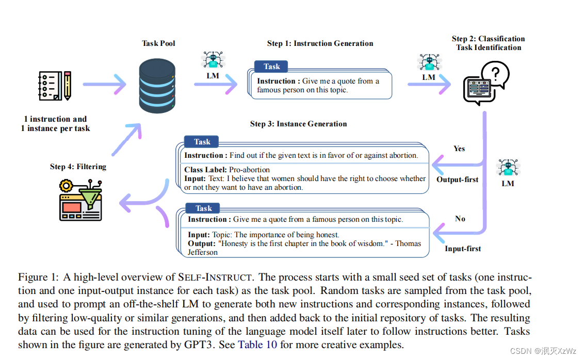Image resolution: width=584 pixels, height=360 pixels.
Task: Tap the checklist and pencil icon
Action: click(55, 86)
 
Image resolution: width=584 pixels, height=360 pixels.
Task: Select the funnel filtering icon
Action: click(80, 199)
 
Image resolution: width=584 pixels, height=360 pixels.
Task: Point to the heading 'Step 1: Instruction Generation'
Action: click(320, 43)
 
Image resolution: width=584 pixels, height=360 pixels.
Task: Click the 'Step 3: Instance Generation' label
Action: click(298, 124)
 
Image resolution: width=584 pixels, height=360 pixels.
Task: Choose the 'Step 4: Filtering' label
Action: click(78, 167)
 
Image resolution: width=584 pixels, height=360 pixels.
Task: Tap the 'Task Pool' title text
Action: click(158, 43)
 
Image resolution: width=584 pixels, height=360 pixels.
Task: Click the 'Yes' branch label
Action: click(459, 149)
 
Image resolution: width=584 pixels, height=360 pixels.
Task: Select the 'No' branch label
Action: click(460, 219)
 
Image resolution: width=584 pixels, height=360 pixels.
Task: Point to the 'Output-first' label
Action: click(458, 180)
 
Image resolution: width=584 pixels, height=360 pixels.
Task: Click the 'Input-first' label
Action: click(463, 249)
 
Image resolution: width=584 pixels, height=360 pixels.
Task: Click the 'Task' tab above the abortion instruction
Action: click(202, 142)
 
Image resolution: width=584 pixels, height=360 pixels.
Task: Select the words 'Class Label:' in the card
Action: click(206, 170)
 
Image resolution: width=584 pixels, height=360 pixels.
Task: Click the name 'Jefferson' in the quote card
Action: click(203, 252)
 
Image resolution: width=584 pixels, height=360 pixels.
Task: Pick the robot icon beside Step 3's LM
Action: click(508, 168)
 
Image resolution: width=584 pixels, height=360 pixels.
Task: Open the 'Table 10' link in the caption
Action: click(257, 345)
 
